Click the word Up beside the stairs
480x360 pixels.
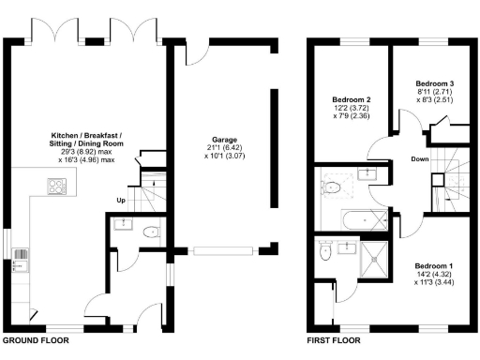[121, 201]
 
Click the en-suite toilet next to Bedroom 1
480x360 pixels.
[324, 251]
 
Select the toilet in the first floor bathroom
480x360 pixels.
[330, 187]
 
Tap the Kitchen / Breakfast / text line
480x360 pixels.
[83, 135]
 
